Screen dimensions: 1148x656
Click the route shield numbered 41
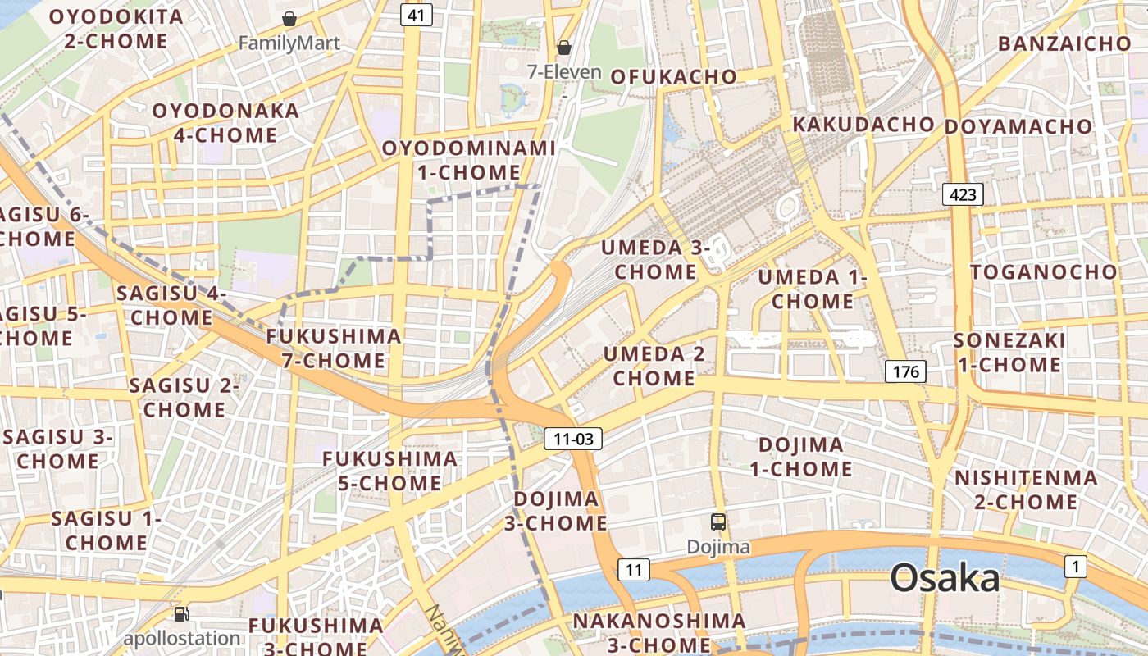tap(417, 15)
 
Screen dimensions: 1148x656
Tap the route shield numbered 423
tap(963, 194)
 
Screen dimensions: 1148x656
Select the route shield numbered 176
tap(906, 371)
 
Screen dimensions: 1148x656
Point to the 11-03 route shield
tap(573, 439)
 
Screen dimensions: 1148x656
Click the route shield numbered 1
tap(1075, 566)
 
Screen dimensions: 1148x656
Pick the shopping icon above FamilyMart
tap(289, 19)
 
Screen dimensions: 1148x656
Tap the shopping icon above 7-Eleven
tap(564, 48)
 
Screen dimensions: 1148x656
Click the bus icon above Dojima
tap(717, 522)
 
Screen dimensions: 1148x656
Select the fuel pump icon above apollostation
tap(181, 613)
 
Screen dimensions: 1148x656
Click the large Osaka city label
tap(945, 578)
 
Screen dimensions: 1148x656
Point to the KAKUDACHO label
tap(863, 125)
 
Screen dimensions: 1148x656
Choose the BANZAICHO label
tap(1064, 43)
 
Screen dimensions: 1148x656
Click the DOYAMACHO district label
tap(1018, 127)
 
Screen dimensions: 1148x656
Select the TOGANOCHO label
tap(1044, 271)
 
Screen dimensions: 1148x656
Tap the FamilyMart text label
tap(289, 43)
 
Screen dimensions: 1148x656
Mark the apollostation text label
tap(182, 638)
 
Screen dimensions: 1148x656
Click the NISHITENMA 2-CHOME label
tap(1026, 489)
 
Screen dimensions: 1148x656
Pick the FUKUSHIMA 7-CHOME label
tap(334, 348)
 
